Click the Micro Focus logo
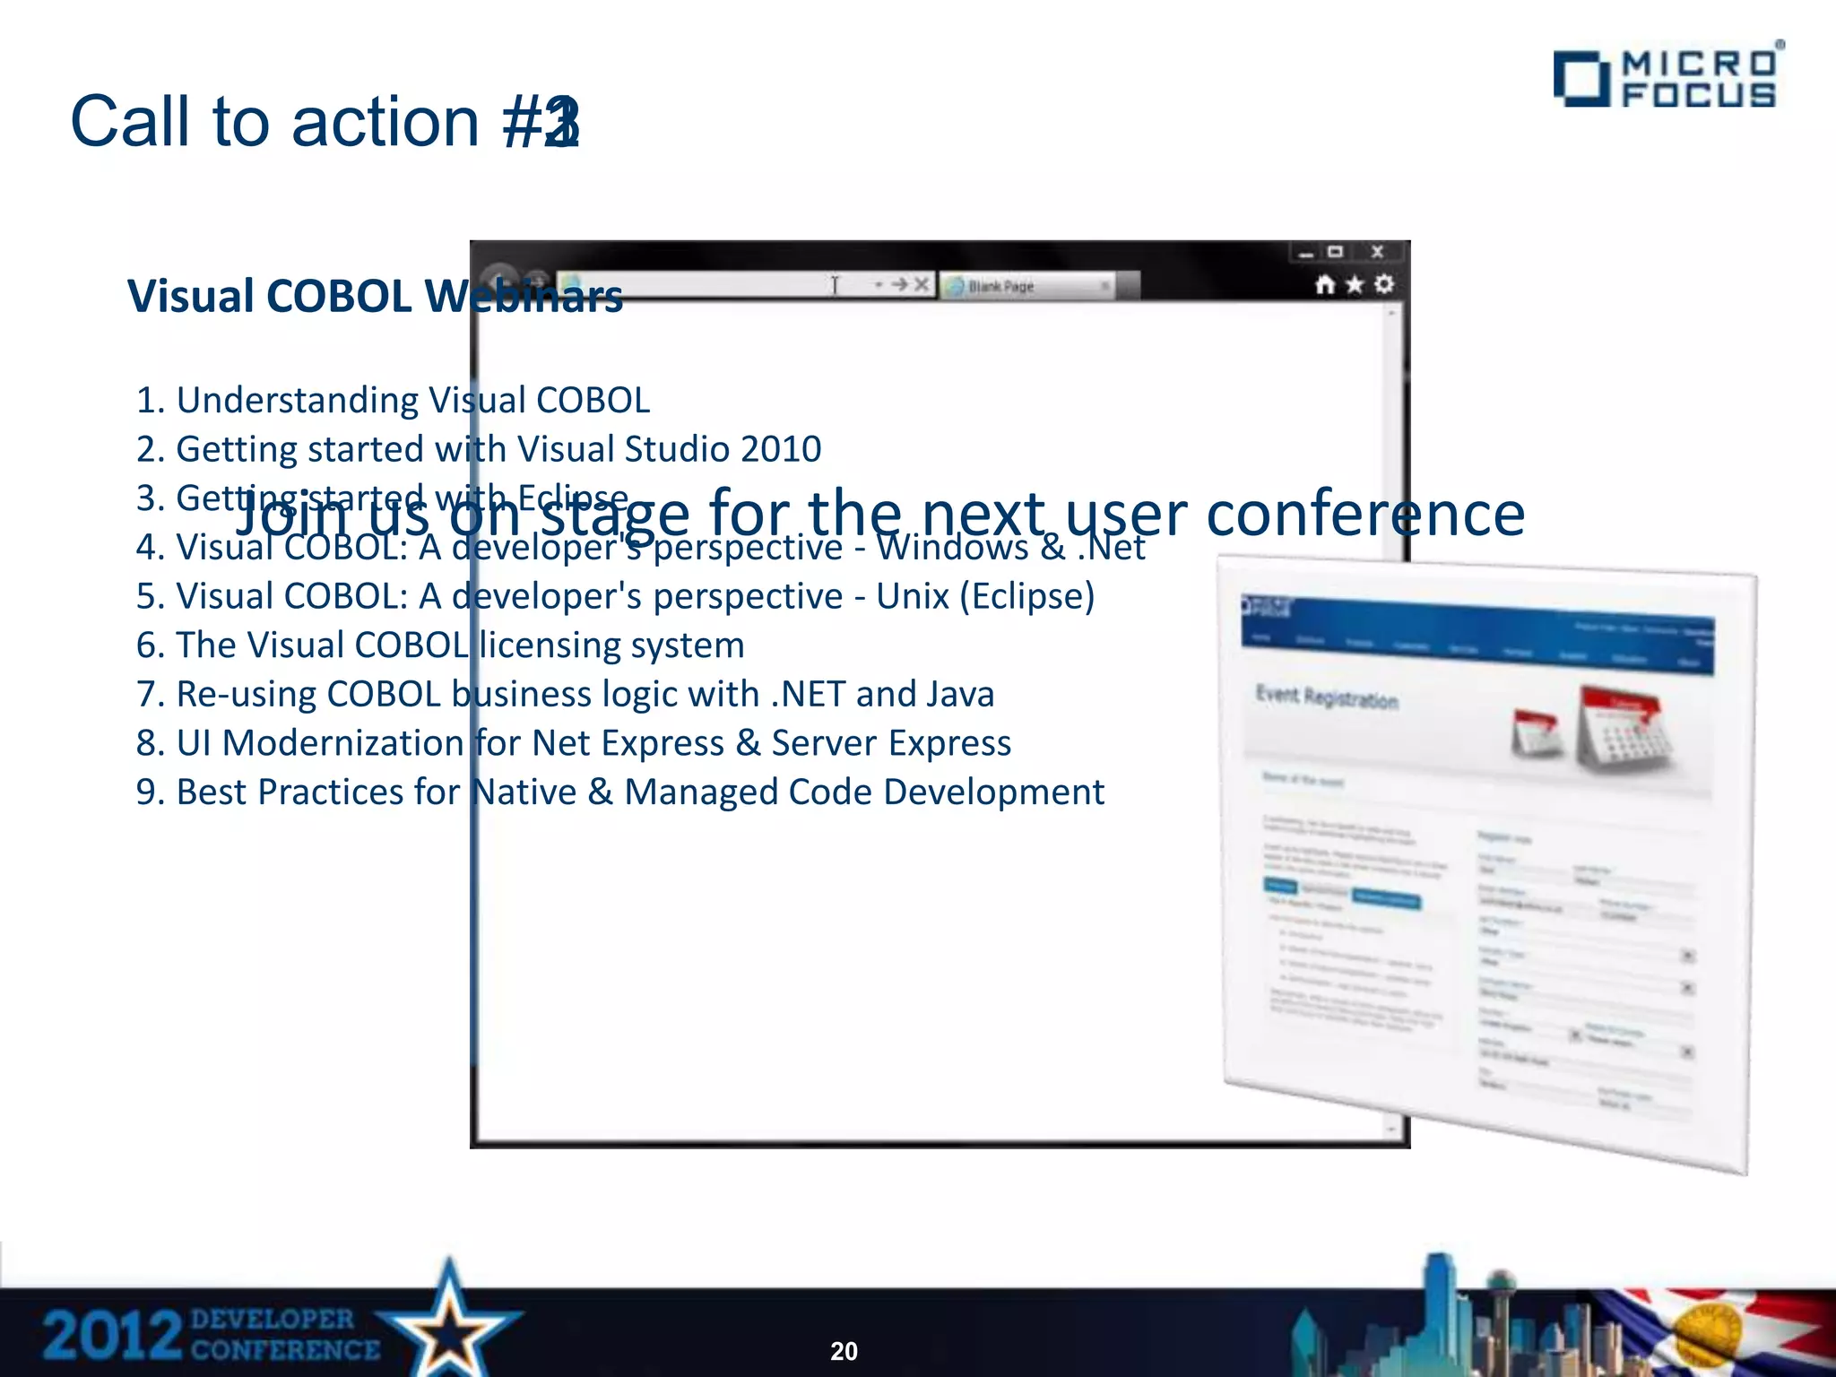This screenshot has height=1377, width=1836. click(1666, 78)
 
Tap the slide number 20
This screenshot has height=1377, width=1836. click(844, 1351)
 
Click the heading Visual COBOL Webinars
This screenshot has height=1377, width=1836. click(375, 296)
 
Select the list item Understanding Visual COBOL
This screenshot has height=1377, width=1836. click(393, 400)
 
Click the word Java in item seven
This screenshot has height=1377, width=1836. click(960, 695)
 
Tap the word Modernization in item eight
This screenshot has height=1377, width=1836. click(342, 743)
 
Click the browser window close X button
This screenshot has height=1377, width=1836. click(1378, 252)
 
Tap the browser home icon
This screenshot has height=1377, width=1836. click(1324, 285)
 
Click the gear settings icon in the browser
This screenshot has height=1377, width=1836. click(1384, 284)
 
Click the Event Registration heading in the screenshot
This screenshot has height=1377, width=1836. click(1327, 697)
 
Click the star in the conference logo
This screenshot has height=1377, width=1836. click(448, 1321)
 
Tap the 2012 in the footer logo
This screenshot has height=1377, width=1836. click(112, 1336)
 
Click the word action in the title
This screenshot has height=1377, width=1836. click(385, 122)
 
